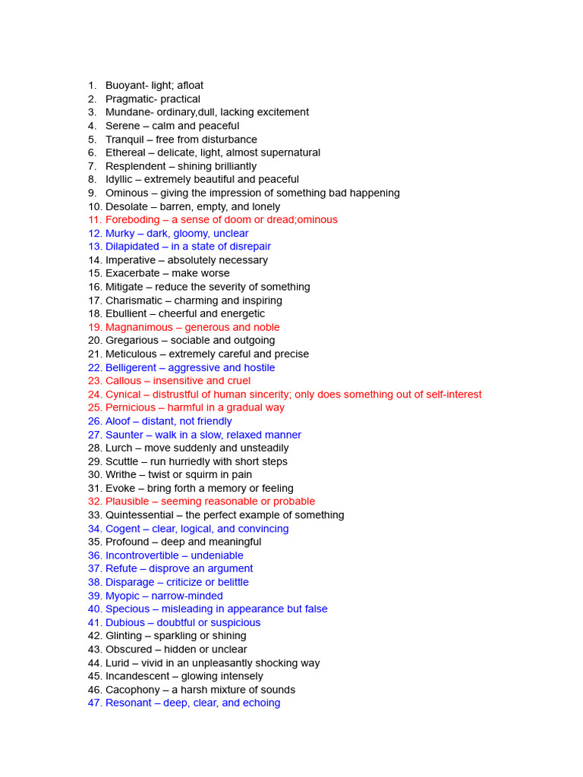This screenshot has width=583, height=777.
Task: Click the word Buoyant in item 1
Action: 126,86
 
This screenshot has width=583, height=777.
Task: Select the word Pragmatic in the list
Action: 131,99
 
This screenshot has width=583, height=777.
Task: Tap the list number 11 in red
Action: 94,220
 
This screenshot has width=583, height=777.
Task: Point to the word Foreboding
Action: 133,220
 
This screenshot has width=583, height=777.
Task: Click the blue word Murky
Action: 121,234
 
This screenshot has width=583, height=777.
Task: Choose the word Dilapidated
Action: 132,247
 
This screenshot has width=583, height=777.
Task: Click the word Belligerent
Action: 131,368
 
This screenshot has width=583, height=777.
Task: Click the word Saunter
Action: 124,435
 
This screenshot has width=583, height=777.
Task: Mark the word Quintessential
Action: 141,515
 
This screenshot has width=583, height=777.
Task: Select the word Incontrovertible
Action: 142,555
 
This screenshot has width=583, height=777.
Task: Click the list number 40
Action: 94,609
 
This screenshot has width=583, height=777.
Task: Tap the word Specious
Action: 128,609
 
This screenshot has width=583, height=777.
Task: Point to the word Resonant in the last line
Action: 128,703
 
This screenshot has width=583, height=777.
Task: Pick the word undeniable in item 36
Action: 217,555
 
